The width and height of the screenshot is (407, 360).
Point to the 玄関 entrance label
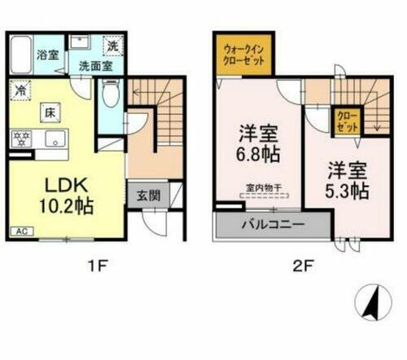click(139, 195)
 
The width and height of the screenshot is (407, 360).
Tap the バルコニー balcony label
click(273, 223)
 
